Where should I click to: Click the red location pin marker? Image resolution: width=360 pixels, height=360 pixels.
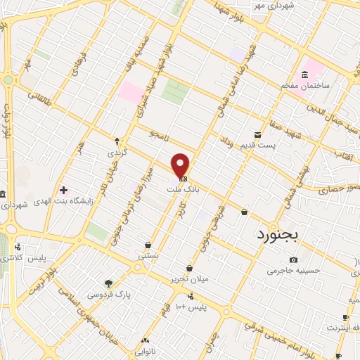[x=181, y=165]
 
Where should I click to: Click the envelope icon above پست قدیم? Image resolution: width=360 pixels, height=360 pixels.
[x=258, y=134]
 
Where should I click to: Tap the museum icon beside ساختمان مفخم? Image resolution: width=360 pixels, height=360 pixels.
[x=304, y=75]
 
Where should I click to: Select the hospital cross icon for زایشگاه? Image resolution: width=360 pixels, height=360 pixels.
[x=64, y=190]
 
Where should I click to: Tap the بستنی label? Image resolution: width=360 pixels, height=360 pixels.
[x=148, y=256]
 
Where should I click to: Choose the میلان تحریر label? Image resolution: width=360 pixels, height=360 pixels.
[x=172, y=278]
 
